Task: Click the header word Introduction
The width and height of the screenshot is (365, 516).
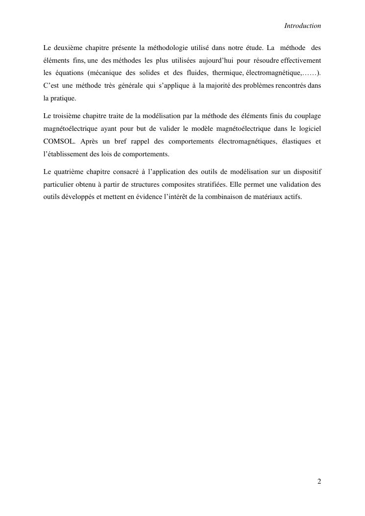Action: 303,25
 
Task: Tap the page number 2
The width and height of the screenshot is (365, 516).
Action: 319,481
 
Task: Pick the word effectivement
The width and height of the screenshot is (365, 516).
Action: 301,60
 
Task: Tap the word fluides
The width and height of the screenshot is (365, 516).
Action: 196,73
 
